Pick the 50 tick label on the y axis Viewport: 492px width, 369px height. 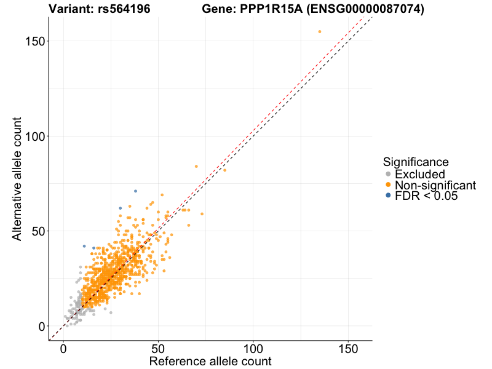(37, 231)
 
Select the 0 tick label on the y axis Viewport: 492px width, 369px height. (41, 326)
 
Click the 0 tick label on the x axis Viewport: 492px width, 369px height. (63, 348)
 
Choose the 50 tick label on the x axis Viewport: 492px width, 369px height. (159, 348)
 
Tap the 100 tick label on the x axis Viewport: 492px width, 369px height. (253, 348)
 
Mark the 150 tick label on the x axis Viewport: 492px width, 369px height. (349, 348)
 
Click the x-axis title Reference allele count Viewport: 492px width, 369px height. (210, 361)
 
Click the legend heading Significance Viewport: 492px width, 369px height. (415, 162)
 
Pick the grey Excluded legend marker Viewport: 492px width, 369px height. (388, 174)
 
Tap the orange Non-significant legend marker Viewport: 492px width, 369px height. (388, 185)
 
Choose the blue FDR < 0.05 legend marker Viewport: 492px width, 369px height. (388, 196)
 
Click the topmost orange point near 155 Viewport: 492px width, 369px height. (320, 31)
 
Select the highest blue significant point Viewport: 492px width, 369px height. (135, 191)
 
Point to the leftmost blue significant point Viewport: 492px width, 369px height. (84, 246)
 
